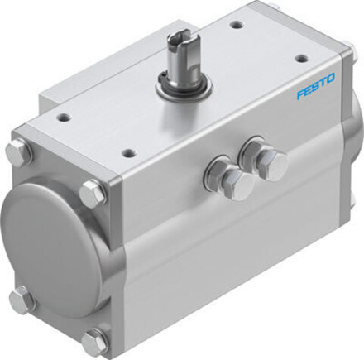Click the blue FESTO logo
click(x=316, y=86)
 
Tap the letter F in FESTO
click(x=300, y=94)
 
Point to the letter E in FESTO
click(x=308, y=90)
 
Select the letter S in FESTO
click(x=315, y=87)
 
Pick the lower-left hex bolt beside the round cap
click(x=21, y=299)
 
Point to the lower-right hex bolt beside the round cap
click(x=94, y=338)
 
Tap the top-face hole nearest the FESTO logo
click(x=302, y=59)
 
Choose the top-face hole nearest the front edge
click(x=128, y=153)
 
